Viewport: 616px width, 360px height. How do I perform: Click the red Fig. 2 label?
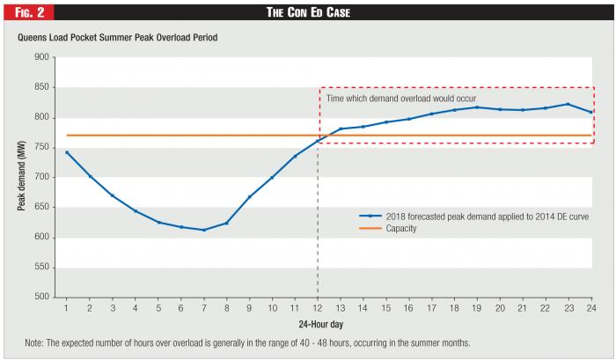coord(29,12)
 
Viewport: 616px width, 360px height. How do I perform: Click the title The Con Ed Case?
coord(308,12)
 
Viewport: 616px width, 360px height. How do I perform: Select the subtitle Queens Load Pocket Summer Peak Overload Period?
coord(117,38)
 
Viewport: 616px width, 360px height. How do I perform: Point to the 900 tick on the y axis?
coord(41,57)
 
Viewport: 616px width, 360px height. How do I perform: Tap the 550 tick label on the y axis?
coord(41,267)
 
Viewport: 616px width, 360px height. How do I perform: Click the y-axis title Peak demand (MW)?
coord(21,176)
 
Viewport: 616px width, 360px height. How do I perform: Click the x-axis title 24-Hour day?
coord(321,324)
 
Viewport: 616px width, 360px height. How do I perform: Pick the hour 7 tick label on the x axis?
coord(204,308)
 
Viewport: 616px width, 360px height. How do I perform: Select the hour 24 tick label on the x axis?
coord(591,308)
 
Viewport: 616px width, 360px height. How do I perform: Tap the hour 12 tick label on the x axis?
coord(318,308)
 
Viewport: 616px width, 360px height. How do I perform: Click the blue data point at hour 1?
coord(67,152)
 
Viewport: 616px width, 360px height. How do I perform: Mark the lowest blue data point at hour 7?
coord(204,230)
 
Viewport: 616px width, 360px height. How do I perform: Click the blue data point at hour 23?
coord(568,104)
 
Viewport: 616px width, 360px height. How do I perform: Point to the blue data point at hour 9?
coord(249,196)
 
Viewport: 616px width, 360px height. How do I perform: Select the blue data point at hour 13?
coord(341,129)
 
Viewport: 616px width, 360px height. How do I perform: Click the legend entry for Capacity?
coord(388,228)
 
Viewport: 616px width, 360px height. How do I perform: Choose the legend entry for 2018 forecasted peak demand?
coord(473,217)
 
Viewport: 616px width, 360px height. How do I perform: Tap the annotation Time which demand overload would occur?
coord(401,99)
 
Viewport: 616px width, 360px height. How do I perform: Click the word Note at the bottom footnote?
coord(34,342)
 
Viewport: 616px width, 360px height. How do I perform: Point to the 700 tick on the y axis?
coord(41,177)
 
